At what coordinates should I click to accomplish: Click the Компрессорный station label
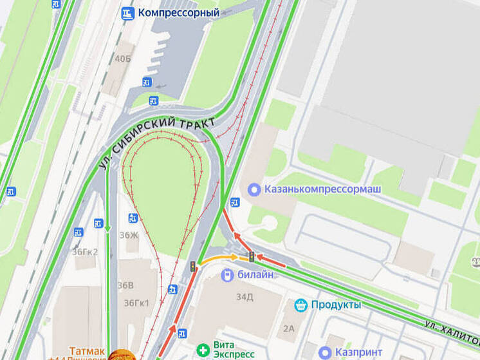tap(179, 12)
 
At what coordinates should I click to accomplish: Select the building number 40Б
tap(122, 59)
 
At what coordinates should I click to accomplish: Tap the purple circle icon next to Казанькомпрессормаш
tap(254, 189)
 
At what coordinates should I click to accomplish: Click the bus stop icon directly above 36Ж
tap(133, 218)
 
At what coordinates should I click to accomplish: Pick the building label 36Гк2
tap(85, 251)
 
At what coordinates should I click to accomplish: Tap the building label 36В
tap(125, 285)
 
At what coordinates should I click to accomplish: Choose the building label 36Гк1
tap(136, 303)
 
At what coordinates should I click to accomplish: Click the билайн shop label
tap(256, 276)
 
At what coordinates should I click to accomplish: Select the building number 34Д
tap(245, 297)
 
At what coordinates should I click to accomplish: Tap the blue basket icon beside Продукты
tap(300, 305)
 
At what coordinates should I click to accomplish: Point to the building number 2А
tap(288, 328)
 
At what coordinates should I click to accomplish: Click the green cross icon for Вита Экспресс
tap(203, 350)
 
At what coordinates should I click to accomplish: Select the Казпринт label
tap(359, 352)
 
